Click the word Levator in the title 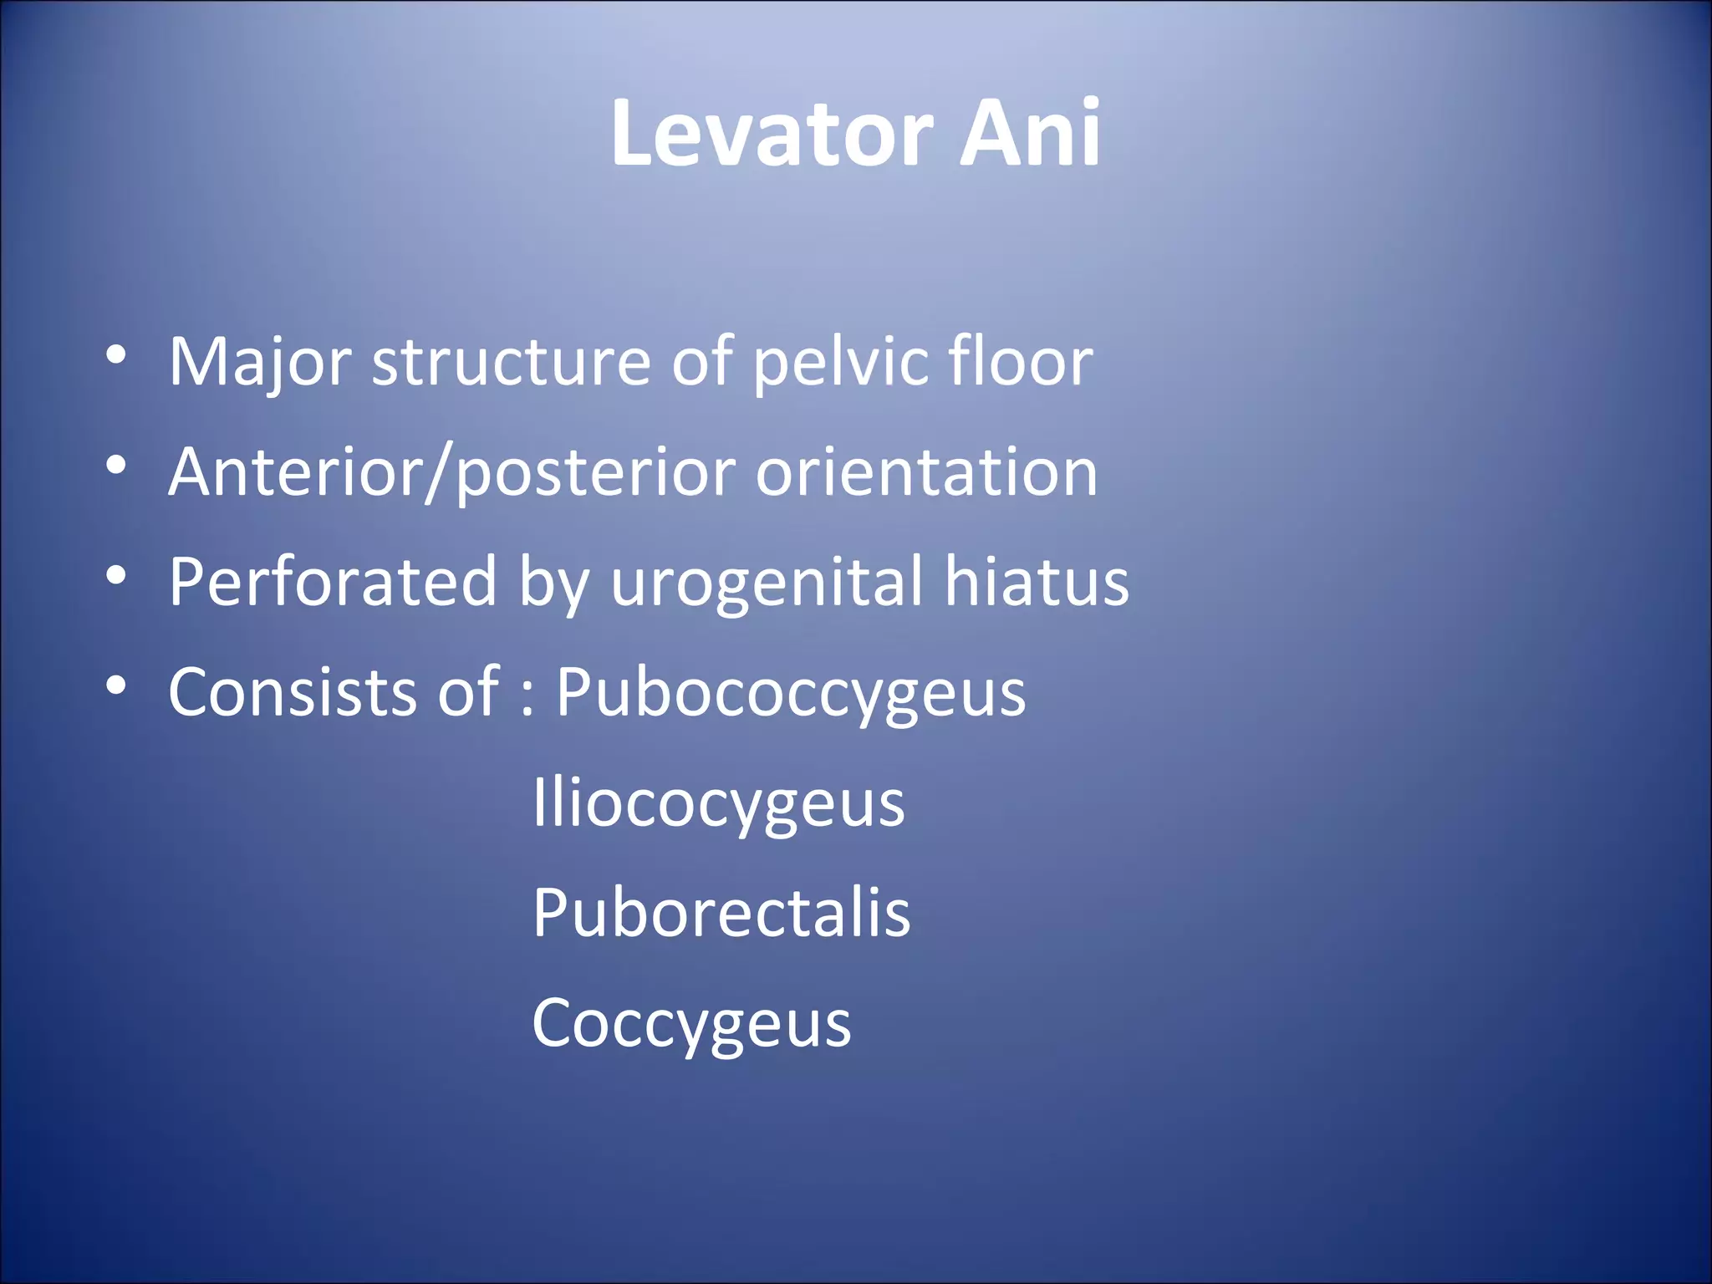771,134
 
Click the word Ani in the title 1029,134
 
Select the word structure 511,363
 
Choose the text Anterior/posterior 451,473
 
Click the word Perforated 333,582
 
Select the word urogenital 767,583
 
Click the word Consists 292,692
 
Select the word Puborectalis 721,913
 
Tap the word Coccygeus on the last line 691,1023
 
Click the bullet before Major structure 116,355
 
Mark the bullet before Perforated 116,575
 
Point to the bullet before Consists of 116,685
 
